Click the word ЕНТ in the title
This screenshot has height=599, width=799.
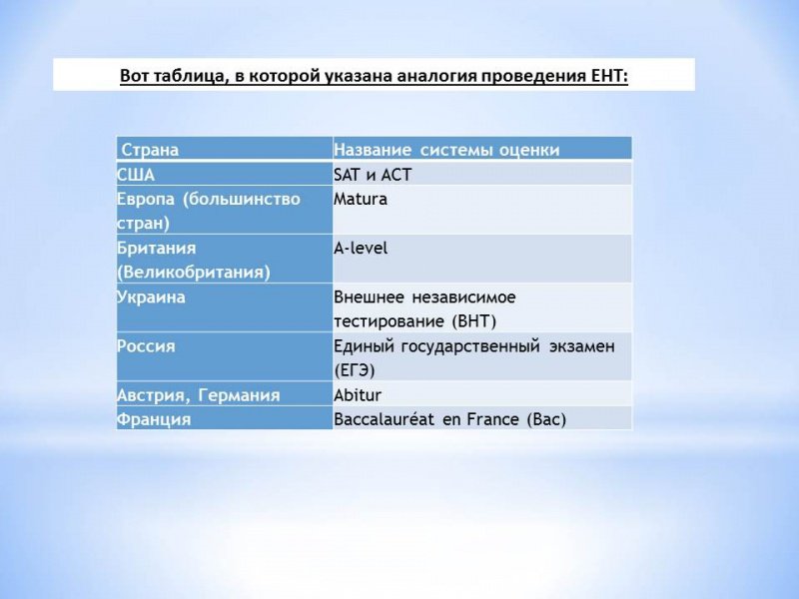point(608,76)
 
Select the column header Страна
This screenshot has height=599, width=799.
point(150,150)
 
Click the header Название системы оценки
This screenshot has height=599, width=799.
point(446,150)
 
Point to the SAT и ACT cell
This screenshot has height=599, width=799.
point(373,174)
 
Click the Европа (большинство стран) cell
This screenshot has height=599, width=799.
point(209,211)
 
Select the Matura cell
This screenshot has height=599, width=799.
point(361,200)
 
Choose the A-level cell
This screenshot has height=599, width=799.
point(361,249)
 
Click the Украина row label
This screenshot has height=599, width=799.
point(151,298)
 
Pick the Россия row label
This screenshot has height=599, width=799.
point(146,346)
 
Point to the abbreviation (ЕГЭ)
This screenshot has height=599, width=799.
point(355,369)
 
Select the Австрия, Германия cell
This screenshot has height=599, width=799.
point(199,395)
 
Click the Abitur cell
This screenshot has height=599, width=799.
point(358,395)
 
